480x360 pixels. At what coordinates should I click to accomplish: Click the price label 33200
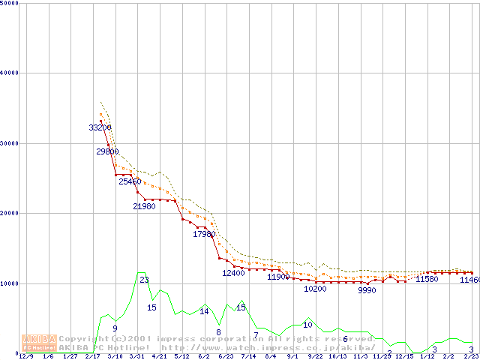[100, 128]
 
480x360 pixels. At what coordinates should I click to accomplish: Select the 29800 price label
[107, 151]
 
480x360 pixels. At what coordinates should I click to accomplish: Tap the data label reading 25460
[130, 181]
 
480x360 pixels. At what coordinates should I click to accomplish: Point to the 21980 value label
[144, 206]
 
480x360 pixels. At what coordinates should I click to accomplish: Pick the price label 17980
[204, 235]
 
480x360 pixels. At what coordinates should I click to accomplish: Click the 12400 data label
[233, 273]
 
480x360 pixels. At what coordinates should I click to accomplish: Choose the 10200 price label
[315, 289]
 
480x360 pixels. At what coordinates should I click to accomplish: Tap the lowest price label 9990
[367, 290]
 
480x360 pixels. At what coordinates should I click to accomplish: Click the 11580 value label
[427, 280]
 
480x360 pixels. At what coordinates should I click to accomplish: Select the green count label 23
[144, 280]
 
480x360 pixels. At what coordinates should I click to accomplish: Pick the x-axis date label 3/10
[115, 357]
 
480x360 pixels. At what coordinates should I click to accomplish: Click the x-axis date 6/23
[226, 357]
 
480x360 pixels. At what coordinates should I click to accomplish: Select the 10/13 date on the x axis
[337, 357]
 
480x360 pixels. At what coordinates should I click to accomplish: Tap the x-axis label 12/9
[25, 357]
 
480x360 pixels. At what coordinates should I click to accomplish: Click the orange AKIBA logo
[38, 342]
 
